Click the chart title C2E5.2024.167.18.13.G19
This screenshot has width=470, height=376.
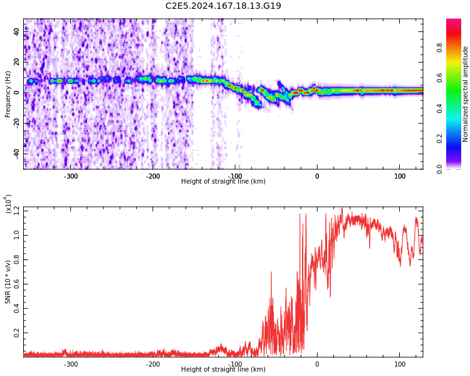click(x=223, y=6)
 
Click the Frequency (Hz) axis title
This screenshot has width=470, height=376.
click(x=8, y=94)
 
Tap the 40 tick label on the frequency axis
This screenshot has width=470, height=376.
click(x=16, y=31)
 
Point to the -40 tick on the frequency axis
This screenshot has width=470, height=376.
click(x=16, y=154)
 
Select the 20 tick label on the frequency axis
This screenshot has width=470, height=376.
click(x=16, y=62)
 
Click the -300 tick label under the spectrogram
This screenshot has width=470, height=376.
click(x=70, y=176)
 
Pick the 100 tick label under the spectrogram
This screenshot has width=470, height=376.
click(x=400, y=176)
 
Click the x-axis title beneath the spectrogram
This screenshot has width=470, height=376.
click(x=223, y=181)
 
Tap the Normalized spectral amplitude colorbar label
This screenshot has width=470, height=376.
click(x=465, y=94)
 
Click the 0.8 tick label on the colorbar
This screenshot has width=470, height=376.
click(x=439, y=48)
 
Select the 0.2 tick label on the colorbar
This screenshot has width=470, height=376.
click(x=439, y=139)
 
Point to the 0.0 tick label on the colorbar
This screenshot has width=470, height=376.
click(x=439, y=169)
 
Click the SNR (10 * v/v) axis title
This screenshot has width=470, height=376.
click(x=8, y=282)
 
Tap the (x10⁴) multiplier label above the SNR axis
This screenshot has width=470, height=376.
click(x=8, y=204)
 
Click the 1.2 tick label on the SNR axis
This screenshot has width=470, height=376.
click(x=16, y=211)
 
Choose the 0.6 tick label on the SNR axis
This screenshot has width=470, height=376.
click(x=16, y=284)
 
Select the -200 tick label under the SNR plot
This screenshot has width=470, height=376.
click(x=153, y=364)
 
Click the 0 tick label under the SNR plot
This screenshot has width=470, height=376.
click(x=317, y=364)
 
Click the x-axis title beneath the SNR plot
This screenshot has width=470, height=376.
click(x=223, y=369)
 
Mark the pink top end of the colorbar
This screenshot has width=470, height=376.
click(x=454, y=19)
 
